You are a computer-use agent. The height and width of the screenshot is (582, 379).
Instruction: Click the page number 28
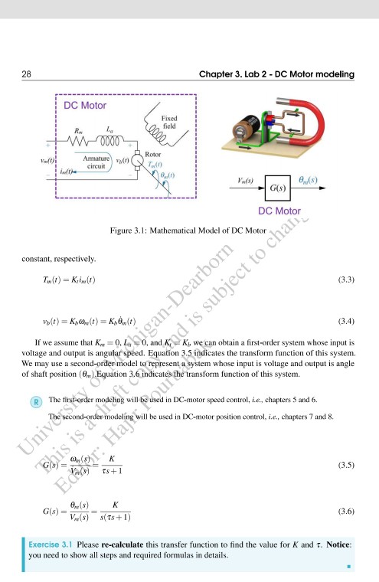point(26,74)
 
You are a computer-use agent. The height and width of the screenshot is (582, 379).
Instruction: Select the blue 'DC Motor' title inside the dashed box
point(85,105)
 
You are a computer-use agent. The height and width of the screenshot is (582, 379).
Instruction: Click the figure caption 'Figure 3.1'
point(135,230)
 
